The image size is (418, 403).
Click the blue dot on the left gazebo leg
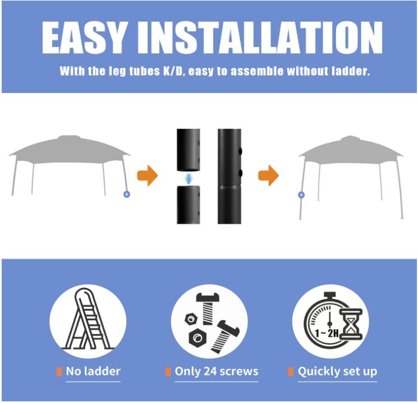click(127, 194)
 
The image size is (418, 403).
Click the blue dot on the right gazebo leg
click(302, 195)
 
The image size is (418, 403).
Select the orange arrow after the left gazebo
click(147, 175)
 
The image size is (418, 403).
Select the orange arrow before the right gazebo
click(268, 175)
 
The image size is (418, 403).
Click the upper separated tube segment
click(189, 149)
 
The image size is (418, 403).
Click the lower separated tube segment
click(189, 205)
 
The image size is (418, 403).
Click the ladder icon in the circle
click(88, 321)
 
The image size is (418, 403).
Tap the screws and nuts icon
click(209, 322)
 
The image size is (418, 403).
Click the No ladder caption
click(93, 371)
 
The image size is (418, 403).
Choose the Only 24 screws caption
click(216, 371)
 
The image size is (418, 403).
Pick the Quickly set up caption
click(337, 371)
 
